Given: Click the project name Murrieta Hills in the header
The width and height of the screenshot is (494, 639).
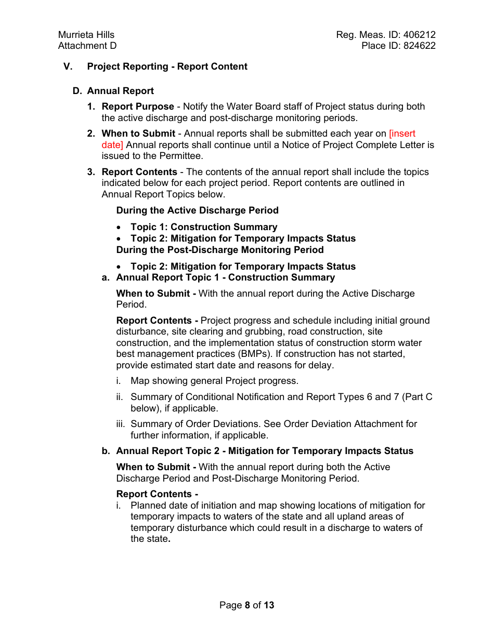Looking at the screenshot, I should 86,35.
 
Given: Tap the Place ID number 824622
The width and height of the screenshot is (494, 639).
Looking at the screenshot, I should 420,46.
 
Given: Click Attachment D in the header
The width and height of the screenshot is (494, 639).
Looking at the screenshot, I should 87,46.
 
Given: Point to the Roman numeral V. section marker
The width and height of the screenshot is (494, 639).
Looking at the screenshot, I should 68,66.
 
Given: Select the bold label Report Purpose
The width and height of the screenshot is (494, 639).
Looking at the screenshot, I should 138,106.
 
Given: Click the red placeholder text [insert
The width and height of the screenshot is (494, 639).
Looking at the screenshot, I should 402,134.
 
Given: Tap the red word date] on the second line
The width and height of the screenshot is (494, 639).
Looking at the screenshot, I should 112,145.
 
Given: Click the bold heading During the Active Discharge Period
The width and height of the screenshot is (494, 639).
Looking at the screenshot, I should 197,210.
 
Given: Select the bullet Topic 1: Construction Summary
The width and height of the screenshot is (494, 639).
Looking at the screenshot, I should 204,227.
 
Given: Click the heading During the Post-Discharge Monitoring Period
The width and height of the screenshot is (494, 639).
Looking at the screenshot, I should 219,250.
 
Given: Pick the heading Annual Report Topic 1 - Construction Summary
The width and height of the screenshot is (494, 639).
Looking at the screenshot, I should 225,277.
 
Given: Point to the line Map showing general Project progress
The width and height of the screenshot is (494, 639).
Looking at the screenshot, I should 214,381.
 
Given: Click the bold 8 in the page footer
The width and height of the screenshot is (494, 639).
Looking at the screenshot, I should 248,605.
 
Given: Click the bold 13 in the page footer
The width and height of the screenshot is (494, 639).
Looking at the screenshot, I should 268,605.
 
